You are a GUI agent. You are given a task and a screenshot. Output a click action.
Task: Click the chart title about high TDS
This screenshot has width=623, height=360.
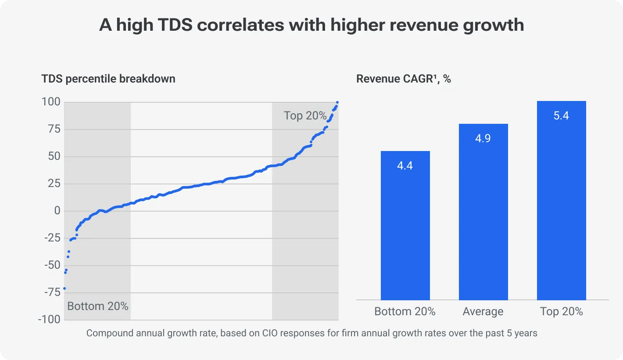(311, 25)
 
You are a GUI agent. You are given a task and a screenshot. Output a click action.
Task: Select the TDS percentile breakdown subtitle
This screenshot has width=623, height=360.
(108, 79)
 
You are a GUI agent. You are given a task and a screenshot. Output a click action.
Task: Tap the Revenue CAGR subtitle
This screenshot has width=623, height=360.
(403, 79)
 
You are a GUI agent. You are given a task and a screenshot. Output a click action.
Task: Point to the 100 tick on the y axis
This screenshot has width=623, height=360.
(51, 102)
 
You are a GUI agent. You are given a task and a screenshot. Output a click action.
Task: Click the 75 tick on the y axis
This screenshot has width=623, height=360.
(54, 129)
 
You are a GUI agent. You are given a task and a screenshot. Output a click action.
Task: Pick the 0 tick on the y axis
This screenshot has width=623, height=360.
(57, 211)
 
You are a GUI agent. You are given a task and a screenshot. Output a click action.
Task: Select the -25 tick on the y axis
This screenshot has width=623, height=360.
(52, 238)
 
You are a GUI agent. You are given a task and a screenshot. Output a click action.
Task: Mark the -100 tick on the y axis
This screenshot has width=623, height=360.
(49, 319)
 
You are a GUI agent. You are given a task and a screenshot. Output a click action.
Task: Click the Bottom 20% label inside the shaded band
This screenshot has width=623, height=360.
(98, 306)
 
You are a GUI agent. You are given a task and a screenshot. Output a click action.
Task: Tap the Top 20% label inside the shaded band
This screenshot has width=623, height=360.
(305, 115)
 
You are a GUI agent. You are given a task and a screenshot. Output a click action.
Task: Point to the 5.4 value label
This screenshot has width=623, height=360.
(561, 116)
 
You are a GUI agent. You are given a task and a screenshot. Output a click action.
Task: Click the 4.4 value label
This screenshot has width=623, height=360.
(405, 166)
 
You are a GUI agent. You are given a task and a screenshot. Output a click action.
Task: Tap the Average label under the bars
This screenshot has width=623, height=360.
(483, 312)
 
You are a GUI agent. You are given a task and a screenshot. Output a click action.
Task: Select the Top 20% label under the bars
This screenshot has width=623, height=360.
(561, 312)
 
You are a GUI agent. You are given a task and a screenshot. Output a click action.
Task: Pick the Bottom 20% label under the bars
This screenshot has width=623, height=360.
(405, 312)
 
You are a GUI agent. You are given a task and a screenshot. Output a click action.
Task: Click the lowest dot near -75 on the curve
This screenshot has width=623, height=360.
(64, 288)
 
